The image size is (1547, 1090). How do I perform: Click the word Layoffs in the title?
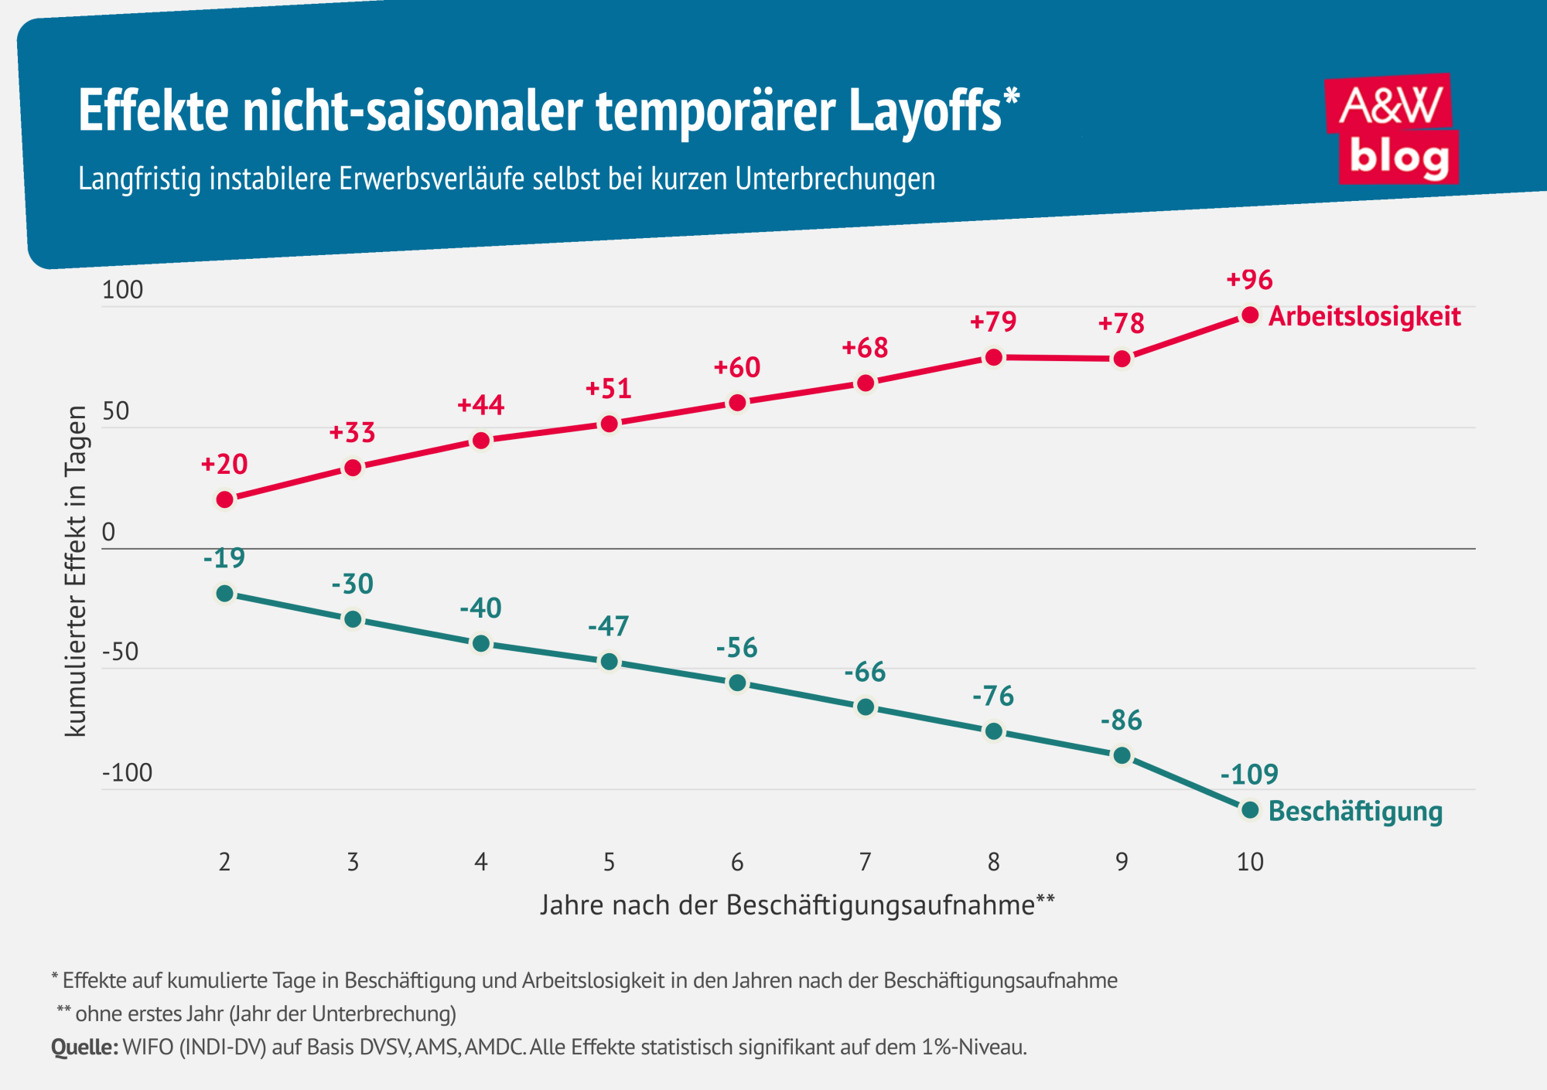click(925, 111)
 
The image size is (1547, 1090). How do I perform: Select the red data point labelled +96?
click(1250, 315)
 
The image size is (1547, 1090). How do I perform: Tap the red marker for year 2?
click(225, 500)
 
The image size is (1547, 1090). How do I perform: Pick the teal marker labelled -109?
click(1250, 810)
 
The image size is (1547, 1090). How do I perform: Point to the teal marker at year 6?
click(738, 683)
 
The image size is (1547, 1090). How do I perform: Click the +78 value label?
click(1122, 323)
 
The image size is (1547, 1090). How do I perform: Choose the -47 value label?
click(609, 625)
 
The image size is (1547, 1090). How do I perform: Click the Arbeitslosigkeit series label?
click(1364, 316)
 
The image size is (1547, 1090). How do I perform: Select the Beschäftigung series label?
click(1355, 812)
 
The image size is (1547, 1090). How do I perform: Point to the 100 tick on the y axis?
click(123, 290)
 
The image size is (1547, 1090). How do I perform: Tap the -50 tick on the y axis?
click(121, 652)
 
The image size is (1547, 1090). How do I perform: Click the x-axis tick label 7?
click(866, 862)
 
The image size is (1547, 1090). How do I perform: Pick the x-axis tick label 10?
click(1250, 862)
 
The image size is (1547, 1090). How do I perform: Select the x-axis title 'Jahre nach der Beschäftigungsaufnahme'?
click(787, 905)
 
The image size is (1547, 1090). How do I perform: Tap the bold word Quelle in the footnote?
click(84, 1047)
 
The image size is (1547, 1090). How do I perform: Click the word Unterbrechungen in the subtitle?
click(835, 179)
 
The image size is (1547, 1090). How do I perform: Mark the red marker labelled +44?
click(481, 441)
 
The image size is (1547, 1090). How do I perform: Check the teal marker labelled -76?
click(994, 731)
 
